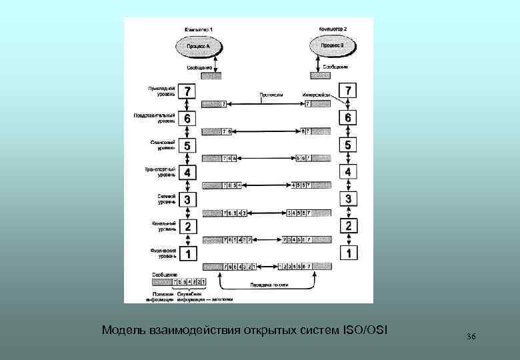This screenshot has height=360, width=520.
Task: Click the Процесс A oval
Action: (198, 47)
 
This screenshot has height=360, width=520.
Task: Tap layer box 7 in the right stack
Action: (349, 89)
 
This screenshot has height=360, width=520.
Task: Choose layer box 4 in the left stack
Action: (189, 172)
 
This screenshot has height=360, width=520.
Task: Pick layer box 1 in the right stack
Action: (349, 253)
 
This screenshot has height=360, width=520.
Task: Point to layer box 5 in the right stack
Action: (349, 144)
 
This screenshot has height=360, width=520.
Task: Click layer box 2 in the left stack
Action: (189, 227)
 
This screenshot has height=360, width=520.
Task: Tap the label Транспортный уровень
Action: (161, 172)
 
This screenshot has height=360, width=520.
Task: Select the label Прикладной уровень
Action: (162, 90)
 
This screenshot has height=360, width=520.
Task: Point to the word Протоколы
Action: (271, 95)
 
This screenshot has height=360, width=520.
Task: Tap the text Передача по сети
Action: (267, 283)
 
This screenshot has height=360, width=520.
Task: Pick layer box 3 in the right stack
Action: (349, 199)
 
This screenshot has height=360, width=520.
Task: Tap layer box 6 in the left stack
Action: (189, 117)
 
